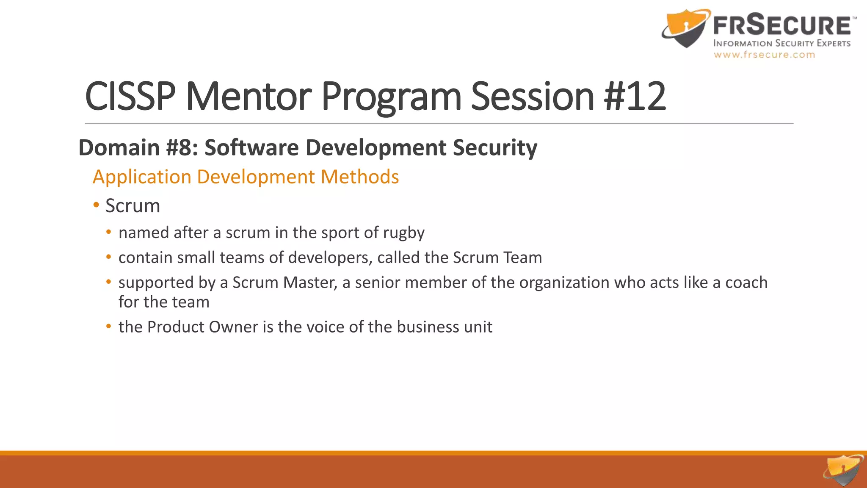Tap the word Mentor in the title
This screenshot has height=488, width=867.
[249, 97]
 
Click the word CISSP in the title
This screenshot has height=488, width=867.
[130, 97]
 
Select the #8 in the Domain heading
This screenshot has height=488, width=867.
[182, 148]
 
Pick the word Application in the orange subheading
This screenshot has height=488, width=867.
[142, 177]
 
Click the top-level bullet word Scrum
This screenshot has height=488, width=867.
[133, 206]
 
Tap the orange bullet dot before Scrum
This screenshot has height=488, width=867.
[97, 205]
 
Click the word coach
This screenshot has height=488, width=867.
[746, 283]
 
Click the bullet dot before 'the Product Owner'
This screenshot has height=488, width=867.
[109, 327]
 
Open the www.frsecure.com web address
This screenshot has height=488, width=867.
[764, 55]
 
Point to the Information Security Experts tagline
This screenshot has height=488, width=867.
[781, 43]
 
